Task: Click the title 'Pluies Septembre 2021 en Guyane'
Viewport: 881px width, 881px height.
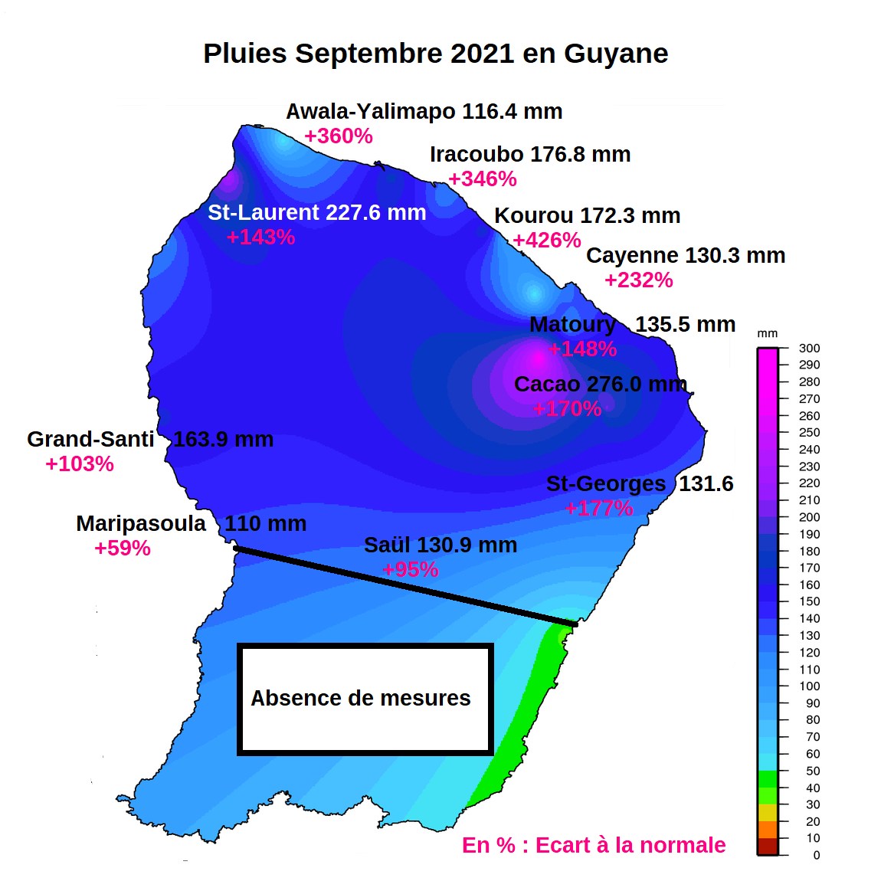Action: [x=435, y=54]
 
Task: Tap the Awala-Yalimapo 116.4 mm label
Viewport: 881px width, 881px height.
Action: [x=424, y=111]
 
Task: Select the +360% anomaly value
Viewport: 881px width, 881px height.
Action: [x=338, y=136]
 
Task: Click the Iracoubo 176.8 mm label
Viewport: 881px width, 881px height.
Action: [x=529, y=154]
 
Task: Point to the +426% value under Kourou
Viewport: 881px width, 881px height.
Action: [x=546, y=240]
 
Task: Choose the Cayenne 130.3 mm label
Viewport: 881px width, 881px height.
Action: [x=685, y=255]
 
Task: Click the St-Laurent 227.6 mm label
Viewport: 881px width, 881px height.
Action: [x=316, y=212]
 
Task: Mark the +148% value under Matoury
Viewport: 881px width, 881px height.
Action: [x=582, y=349]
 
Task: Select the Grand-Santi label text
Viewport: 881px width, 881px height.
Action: [x=90, y=439]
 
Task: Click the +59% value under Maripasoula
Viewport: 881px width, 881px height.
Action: [x=122, y=548]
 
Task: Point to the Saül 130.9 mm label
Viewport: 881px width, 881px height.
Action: [x=440, y=545]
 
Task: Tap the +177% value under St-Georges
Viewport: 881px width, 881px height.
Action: [x=598, y=508]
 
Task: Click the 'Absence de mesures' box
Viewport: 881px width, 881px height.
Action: [x=365, y=699]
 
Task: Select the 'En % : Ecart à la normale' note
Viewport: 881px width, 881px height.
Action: [x=593, y=845]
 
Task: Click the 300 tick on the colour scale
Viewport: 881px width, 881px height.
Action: [x=808, y=348]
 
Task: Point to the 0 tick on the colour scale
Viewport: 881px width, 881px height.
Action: [x=815, y=855]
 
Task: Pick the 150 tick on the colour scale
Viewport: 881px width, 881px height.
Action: [x=808, y=601]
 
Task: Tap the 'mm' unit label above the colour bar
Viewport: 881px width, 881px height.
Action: [x=767, y=333]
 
